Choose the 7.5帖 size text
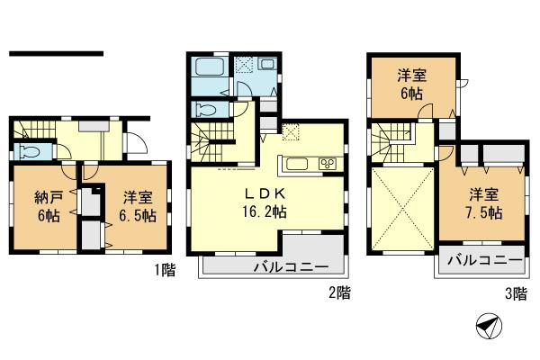click(x=484, y=214)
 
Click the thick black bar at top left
click(x=56, y=53)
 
